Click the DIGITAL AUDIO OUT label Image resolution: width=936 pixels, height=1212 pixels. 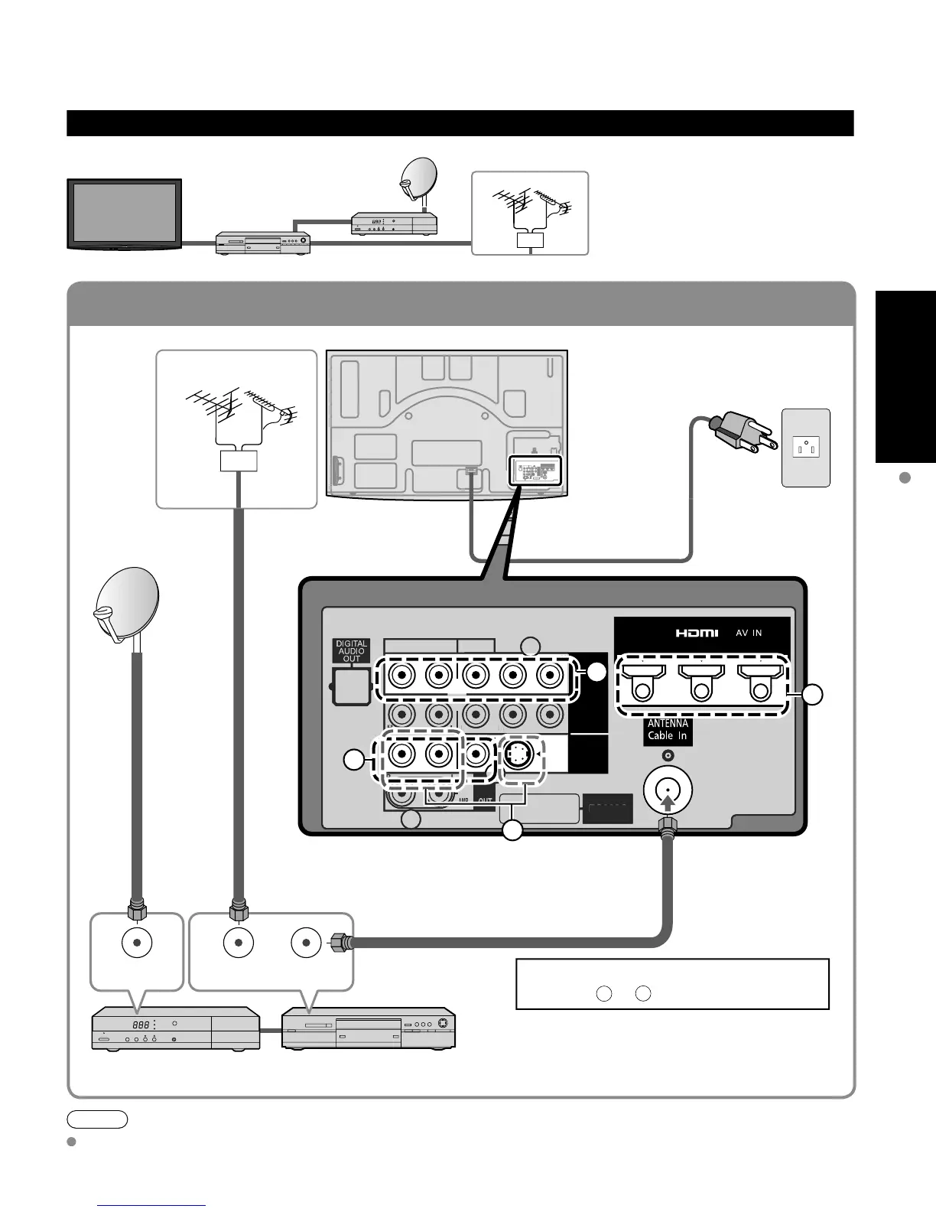pos(351,651)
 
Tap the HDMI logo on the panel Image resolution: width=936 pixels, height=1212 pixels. pos(697,633)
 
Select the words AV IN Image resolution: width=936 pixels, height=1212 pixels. pos(749,633)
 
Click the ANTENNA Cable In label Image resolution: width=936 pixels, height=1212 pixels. pos(668,730)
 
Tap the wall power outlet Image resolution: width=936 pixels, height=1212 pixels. pos(806,447)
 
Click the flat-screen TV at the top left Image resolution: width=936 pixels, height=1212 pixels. pos(124,213)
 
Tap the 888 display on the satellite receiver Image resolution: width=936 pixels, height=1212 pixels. pos(140,1025)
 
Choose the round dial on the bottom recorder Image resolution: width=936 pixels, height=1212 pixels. pos(446,1023)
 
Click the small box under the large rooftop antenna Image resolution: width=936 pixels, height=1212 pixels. pos(238,461)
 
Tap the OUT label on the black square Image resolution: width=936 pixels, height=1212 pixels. pos(485,801)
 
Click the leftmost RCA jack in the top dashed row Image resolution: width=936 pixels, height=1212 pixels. pos(401,676)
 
